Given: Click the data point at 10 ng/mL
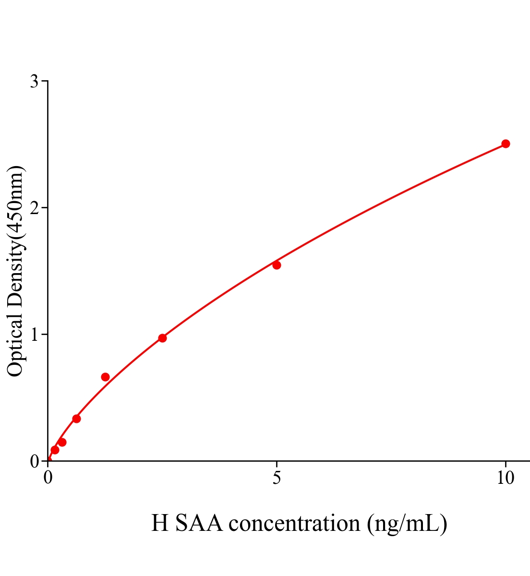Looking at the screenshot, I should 505,144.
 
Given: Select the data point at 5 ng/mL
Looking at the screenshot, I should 277,265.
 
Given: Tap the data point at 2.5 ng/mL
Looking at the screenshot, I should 162,338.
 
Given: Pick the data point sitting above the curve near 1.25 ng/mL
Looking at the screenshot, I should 105,377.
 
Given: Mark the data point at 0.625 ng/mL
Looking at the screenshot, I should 76,419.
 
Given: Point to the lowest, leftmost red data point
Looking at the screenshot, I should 55,450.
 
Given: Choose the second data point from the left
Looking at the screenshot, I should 62,442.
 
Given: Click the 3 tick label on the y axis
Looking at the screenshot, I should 34,82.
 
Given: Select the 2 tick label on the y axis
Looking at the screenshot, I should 34,208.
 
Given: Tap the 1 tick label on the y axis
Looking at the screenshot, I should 34,335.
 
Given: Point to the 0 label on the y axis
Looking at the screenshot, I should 34,461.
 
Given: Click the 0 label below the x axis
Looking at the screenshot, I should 48,478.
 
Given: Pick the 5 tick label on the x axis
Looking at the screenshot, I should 277,478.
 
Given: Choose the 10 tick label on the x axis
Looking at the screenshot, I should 505,478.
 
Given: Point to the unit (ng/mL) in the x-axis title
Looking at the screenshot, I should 407,523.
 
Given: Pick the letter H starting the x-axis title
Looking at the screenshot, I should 160,523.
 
